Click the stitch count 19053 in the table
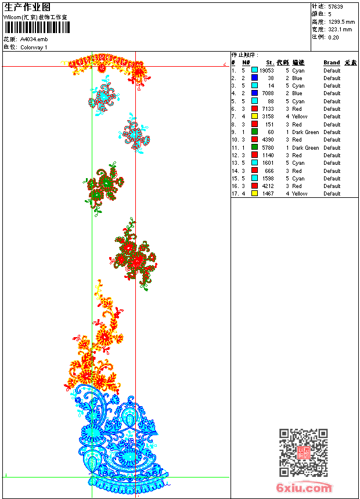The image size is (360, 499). coord(267,70)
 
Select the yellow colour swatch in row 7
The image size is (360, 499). coord(254,117)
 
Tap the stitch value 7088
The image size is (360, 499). coord(268,93)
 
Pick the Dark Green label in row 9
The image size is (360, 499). coord(305,132)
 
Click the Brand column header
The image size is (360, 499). coord(332,63)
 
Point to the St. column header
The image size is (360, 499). coord(270,63)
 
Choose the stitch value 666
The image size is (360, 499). coord(269,171)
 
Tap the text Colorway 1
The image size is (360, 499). coord(34,47)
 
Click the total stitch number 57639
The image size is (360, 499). coord(335,6)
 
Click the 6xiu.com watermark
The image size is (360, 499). coord(304,487)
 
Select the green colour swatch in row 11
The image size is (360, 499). coord(254,147)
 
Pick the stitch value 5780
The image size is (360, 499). coord(268,147)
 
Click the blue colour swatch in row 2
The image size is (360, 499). coord(254,78)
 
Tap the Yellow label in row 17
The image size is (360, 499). coord(300,194)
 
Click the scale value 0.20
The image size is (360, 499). coord(333,37)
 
